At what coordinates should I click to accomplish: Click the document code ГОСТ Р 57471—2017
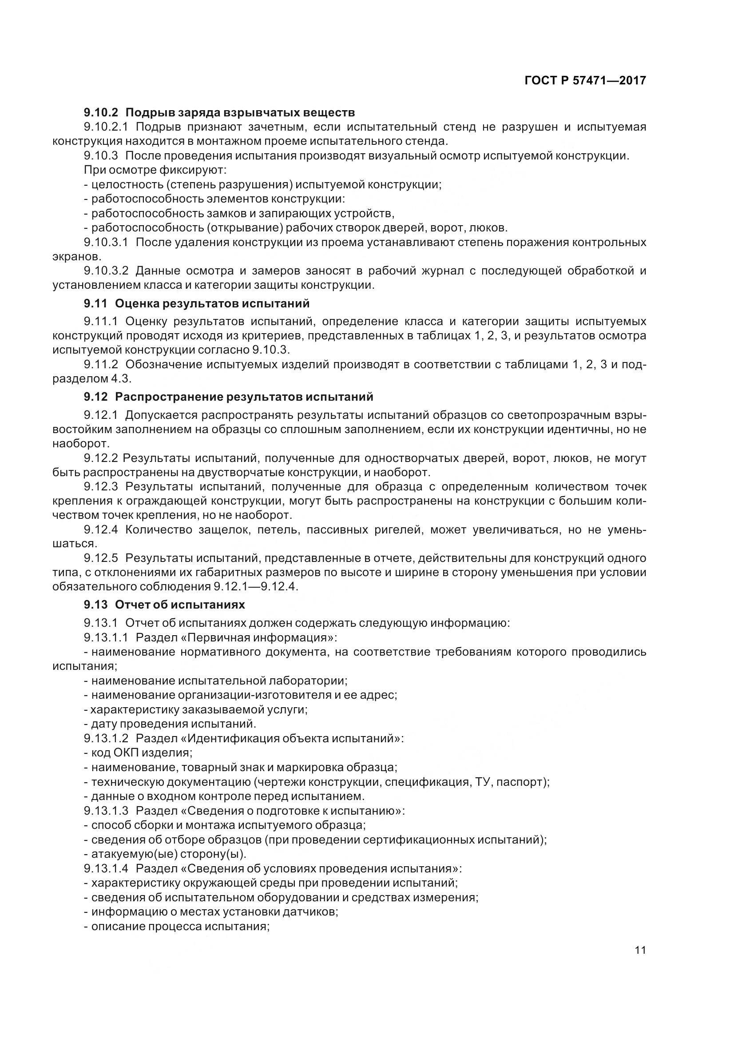[x=585, y=80]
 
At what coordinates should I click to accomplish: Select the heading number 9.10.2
[x=100, y=112]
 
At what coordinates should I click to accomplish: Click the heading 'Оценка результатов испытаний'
[x=212, y=303]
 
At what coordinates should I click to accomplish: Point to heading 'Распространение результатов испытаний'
[x=244, y=397]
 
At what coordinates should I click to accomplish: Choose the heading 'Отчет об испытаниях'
[x=180, y=605]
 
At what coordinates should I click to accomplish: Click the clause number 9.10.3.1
[x=106, y=242]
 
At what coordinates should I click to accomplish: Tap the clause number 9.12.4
[x=100, y=529]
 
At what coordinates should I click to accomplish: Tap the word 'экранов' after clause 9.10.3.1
[x=75, y=257]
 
